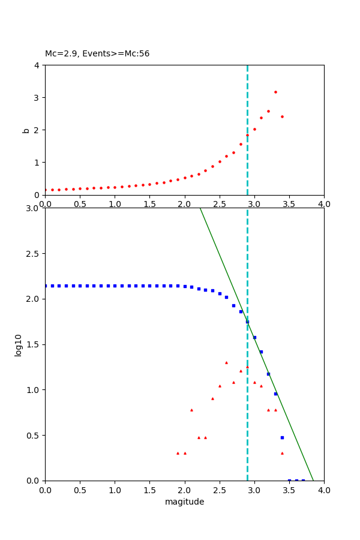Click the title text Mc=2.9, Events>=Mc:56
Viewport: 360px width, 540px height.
[x=97, y=53]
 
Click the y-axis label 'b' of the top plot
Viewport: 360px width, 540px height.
[x=26, y=130]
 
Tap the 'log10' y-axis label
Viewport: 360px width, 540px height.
[x=19, y=345]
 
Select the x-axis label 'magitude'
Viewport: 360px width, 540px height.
[x=184, y=502]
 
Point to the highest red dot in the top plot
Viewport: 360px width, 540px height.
[x=275, y=92]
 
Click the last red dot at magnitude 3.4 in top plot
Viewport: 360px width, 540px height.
[x=282, y=116]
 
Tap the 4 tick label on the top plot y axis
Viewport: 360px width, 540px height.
[x=37, y=65]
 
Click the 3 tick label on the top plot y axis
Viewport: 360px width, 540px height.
[x=37, y=97]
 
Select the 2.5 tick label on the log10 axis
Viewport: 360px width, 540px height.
[x=34, y=254]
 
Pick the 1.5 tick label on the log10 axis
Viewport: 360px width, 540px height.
[x=34, y=344]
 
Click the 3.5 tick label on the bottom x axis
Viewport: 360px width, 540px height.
[x=289, y=490]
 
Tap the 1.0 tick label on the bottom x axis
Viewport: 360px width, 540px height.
[x=115, y=490]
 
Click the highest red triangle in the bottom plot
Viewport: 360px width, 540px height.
[x=226, y=362]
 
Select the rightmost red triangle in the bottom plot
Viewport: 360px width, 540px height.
[x=282, y=453]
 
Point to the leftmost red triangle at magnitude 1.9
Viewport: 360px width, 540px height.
[x=178, y=453]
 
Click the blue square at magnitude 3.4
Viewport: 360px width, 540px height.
[x=282, y=437]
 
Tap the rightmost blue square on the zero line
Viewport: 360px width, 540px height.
[x=303, y=480]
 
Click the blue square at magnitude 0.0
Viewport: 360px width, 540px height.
[x=46, y=286]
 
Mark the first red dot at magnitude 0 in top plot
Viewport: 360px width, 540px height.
[x=46, y=190]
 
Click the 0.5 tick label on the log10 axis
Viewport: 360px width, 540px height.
[x=34, y=435]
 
